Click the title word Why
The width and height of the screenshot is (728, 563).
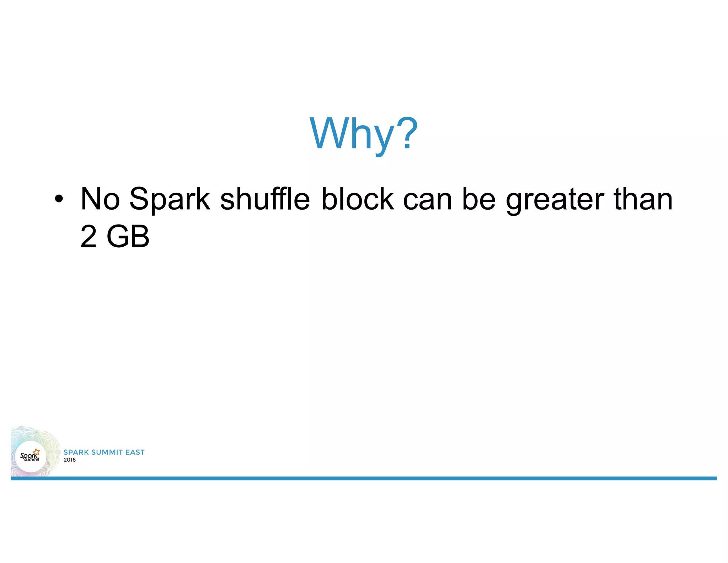pos(352,134)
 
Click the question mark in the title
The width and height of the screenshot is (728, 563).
pos(407,133)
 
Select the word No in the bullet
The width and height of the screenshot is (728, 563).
pos(100,199)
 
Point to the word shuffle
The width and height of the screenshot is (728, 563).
pos(265,199)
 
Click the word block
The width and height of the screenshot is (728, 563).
pos(357,199)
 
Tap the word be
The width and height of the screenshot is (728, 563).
pos(479,199)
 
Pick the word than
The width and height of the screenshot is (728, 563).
pos(643,199)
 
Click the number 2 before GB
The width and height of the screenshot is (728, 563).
pos(89,237)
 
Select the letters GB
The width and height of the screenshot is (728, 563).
pos(128,237)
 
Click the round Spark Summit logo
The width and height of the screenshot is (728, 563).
pos(31,456)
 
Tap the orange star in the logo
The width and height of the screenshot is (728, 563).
pos(36,452)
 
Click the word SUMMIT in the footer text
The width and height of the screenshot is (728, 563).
pos(107,452)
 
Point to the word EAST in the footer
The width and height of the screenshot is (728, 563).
pos(135,452)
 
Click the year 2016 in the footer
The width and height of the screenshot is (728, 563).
pos(70,460)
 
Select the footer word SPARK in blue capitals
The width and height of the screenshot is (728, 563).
pos(76,452)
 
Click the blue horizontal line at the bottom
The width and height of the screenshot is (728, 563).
pos(364,478)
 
